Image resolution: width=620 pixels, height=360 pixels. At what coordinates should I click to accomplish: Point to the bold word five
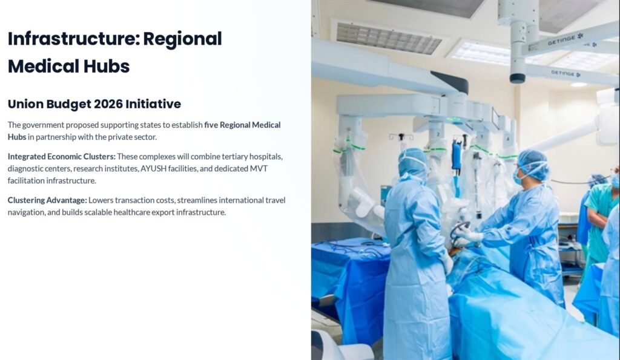tap(211, 125)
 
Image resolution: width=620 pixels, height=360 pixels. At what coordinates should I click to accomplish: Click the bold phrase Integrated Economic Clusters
tap(62, 157)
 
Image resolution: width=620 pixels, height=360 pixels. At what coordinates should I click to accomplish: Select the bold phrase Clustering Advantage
tap(47, 200)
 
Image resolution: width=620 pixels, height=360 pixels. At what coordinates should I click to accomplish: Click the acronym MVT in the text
tap(259, 169)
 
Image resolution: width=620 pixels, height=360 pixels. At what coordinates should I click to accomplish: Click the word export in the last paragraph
tap(163, 212)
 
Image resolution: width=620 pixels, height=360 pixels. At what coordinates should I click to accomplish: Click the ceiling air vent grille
tap(389, 38)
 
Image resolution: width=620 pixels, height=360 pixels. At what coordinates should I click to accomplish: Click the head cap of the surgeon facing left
tap(534, 163)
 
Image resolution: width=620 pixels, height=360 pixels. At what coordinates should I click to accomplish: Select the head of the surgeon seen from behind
tap(413, 163)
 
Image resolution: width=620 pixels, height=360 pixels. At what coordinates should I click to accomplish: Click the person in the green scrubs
tap(600, 221)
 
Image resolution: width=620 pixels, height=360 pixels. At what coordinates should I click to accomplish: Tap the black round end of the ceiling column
tap(518, 78)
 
